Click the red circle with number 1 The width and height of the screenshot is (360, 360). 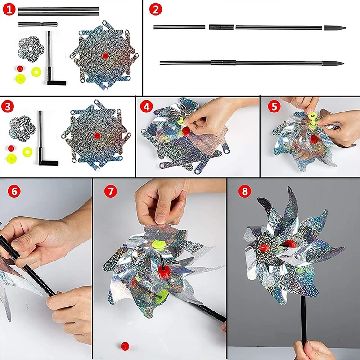tap(9, 9)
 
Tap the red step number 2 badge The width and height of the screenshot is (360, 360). tap(155, 9)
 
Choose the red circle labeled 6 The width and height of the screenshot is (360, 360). tap(14, 191)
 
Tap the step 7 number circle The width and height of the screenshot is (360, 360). tap(110, 191)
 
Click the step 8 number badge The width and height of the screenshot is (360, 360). tap(245, 191)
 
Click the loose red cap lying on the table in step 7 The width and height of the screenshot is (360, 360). tap(125, 346)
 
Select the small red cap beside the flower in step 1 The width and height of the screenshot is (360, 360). tap(20, 68)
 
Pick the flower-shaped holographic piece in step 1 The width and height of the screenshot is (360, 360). tap(31, 49)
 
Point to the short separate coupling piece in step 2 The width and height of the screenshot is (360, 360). tap(221, 27)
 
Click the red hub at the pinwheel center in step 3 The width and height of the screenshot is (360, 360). tap(97, 135)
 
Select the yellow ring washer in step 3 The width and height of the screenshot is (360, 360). tap(27, 152)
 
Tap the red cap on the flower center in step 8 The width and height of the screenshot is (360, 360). tap(264, 247)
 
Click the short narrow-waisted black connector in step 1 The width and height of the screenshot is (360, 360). tap(38, 24)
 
